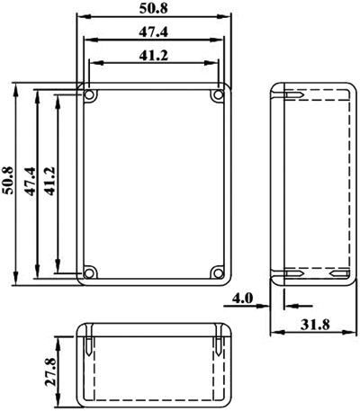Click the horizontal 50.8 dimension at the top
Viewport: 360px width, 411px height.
click(153, 9)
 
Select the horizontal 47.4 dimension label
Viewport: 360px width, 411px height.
click(153, 31)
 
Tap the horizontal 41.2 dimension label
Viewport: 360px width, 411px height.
click(153, 55)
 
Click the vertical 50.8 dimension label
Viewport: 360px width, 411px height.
click(7, 181)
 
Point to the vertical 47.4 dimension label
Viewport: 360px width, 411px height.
click(31, 182)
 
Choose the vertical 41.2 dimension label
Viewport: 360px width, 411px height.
click(50, 181)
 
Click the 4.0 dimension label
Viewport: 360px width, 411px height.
click(243, 299)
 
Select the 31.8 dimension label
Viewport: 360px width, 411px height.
click(315, 325)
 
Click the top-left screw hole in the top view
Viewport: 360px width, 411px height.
click(89, 95)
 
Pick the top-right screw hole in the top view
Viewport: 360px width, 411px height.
click(218, 95)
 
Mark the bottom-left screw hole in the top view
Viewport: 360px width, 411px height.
click(89, 273)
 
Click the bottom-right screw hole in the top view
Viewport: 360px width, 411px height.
click(218, 273)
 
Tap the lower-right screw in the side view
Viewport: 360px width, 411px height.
click(339, 273)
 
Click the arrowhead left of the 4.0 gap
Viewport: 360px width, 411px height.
click(262, 306)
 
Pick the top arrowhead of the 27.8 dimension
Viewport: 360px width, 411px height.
click(58, 343)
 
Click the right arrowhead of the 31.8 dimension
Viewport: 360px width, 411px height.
click(349, 332)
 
